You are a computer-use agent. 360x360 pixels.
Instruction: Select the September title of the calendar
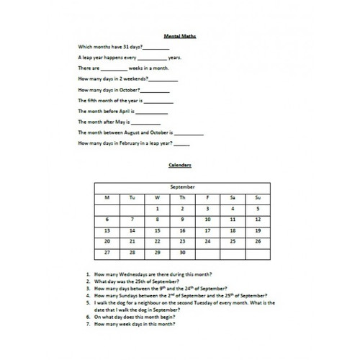point(181,186)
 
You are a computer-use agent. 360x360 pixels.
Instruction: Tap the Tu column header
point(132,197)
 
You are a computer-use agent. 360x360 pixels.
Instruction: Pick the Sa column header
point(232,197)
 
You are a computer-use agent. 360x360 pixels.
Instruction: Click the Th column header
point(182,197)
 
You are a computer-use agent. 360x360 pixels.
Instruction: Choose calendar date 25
point(232,242)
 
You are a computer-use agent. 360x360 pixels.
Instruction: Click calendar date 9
point(182,220)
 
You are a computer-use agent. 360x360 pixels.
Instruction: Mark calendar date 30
point(182,253)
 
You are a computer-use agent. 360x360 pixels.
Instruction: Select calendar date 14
point(132,230)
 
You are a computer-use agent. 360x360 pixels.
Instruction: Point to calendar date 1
point(157,208)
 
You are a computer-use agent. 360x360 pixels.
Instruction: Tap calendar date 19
point(257,230)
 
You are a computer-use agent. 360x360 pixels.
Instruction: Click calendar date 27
point(107,253)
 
